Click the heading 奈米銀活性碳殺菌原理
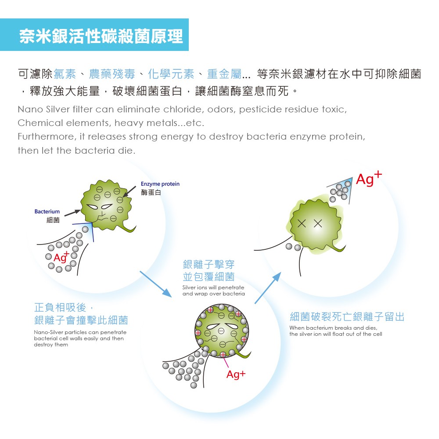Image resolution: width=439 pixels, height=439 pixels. [101, 36]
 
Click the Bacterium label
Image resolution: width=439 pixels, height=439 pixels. [47, 212]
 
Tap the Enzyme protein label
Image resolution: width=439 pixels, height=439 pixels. [160, 184]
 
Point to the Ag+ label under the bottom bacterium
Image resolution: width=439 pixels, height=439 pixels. [236, 374]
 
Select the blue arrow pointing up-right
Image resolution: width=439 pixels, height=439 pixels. [267, 288]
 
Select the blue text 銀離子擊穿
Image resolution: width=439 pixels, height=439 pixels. [209, 265]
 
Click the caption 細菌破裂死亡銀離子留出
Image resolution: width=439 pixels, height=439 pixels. [347, 317]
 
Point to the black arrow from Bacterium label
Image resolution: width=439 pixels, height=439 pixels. [72, 213]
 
